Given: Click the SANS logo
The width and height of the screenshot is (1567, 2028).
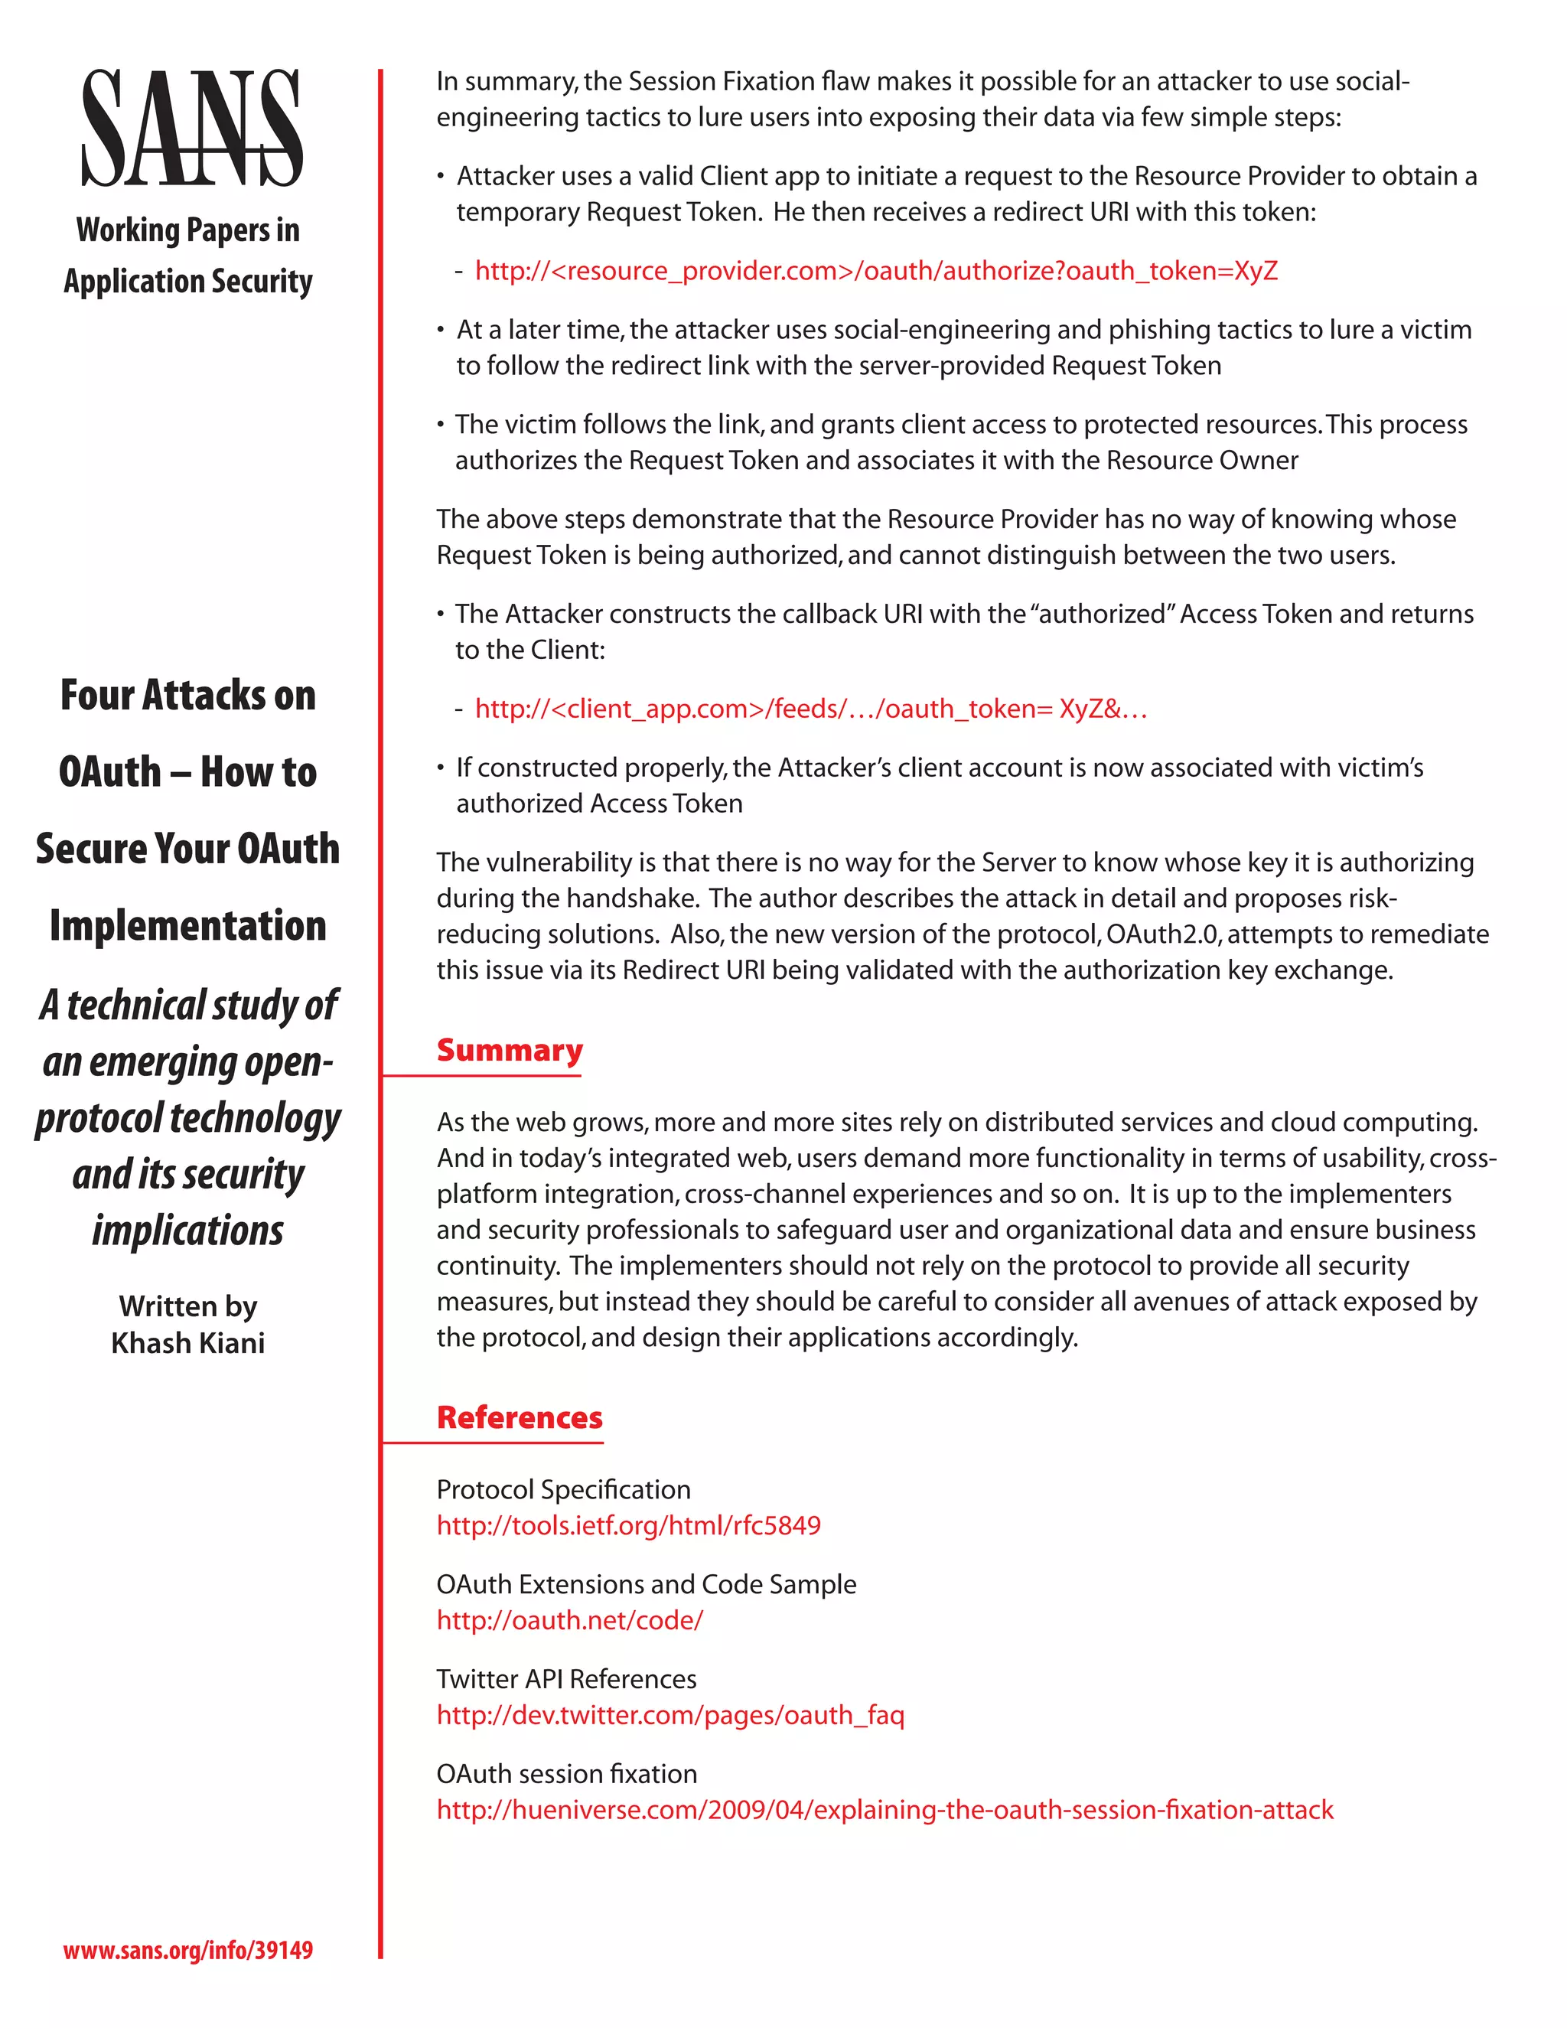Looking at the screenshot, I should click(x=192, y=129).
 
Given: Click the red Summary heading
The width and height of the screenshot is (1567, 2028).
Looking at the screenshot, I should click(x=510, y=1050).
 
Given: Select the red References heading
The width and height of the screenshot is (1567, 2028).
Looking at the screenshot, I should click(x=520, y=1418).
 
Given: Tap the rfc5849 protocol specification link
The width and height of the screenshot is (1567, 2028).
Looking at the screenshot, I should click(x=628, y=1526).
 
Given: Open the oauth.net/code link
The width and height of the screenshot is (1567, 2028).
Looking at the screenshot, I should click(x=570, y=1620).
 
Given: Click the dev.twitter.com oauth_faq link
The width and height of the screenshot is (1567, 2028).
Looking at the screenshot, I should click(x=670, y=1715).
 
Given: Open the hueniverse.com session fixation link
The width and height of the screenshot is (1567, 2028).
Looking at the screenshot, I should click(x=884, y=1810).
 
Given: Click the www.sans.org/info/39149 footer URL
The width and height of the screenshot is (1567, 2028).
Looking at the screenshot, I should click(x=188, y=1949).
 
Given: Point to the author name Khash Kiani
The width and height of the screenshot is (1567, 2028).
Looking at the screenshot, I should click(x=188, y=1343).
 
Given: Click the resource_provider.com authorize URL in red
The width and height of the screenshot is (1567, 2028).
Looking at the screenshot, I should click(x=876, y=271).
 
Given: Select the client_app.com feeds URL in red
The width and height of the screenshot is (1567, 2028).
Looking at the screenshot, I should click(x=810, y=709).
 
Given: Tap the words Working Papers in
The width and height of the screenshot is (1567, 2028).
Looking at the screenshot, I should click(x=188, y=230).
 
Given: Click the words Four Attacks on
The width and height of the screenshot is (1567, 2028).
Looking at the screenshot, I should click(x=188, y=696).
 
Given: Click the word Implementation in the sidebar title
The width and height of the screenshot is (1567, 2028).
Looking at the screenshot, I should click(x=188, y=926).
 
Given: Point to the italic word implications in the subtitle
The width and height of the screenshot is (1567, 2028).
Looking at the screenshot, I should click(x=188, y=1231).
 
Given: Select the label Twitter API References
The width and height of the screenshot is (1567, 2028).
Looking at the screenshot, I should click(x=566, y=1679).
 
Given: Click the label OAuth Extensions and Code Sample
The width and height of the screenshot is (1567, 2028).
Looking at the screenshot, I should click(x=646, y=1584).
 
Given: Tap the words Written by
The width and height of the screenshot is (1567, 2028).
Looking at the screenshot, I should click(x=188, y=1306).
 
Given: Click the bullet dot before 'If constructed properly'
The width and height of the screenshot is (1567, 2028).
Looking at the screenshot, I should click(x=441, y=769).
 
